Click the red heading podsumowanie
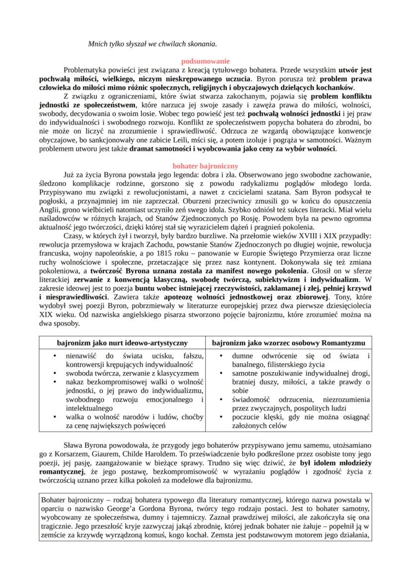[205, 62]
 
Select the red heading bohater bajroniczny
[205, 166]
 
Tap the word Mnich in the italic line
[97, 44]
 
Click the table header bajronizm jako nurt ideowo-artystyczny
[122, 343]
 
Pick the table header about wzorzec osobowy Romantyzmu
[288, 343]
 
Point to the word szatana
[271, 191]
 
